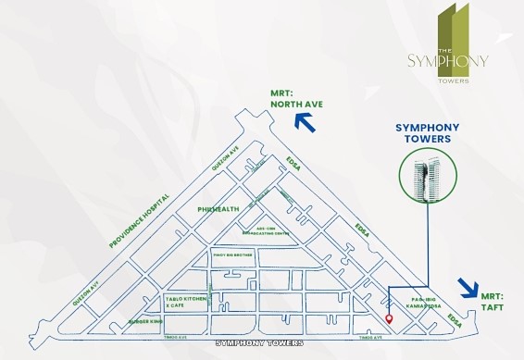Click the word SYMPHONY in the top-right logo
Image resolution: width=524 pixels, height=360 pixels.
click(447, 61)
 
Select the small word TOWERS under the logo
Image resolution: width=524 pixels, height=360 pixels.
click(454, 80)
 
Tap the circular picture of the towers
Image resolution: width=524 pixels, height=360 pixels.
click(426, 178)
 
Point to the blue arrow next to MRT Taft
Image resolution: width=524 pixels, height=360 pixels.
click(469, 288)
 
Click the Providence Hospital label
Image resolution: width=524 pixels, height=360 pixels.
click(139, 221)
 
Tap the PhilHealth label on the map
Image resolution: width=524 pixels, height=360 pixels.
click(218, 209)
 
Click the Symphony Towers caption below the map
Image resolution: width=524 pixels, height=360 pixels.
click(258, 342)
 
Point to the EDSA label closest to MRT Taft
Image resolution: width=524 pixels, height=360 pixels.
click(453, 318)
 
